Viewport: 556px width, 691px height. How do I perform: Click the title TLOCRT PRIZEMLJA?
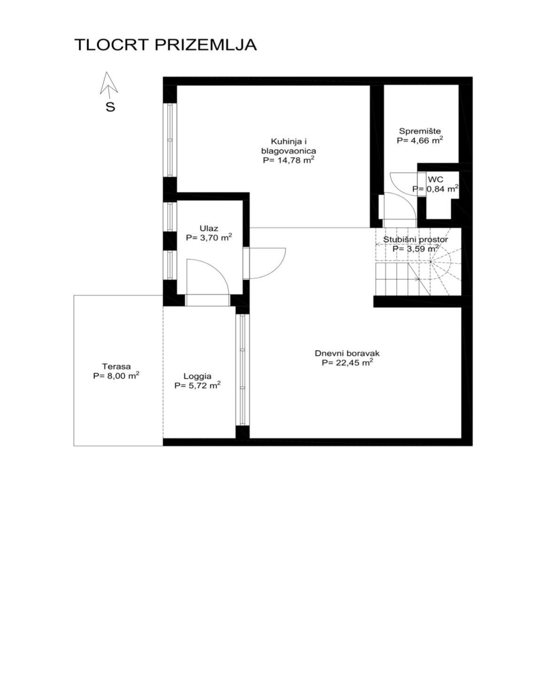[x=165, y=45]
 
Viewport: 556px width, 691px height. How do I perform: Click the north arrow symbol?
[x=109, y=84]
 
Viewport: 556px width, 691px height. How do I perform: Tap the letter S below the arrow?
[x=110, y=107]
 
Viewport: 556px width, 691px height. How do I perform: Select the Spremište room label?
[x=420, y=131]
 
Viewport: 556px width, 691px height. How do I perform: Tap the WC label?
[x=436, y=179]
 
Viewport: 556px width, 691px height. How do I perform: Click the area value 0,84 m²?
[x=442, y=189]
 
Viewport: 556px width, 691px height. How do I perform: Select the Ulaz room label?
[x=209, y=228]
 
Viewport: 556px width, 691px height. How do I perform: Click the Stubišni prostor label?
[x=415, y=239]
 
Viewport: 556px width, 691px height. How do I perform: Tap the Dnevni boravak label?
[x=347, y=353]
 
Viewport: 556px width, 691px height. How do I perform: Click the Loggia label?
[x=197, y=376]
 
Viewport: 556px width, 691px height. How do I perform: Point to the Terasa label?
[x=116, y=366]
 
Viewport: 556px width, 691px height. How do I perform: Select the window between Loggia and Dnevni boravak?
[x=242, y=369]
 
